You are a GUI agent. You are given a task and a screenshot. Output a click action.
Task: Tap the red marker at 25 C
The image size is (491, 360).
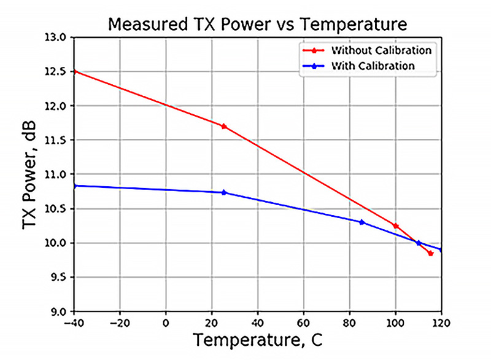223,126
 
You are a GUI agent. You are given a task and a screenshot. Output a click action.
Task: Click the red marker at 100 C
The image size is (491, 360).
396,226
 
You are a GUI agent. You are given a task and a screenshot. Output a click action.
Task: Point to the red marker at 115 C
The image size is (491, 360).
430,253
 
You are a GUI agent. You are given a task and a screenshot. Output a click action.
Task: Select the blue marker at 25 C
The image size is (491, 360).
223,192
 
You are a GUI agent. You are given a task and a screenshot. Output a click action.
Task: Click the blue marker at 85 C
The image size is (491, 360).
361,222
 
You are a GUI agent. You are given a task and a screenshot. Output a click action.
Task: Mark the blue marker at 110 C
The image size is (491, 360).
419,243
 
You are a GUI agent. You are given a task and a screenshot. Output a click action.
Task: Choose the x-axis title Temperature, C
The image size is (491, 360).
257,340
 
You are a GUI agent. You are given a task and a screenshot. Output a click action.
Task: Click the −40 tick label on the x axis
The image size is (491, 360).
74,322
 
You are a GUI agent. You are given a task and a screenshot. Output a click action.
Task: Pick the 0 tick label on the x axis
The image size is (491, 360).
166,322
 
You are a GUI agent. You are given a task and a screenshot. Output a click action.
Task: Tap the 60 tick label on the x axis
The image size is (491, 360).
304,322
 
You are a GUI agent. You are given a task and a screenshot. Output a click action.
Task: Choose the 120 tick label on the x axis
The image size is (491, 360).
441,322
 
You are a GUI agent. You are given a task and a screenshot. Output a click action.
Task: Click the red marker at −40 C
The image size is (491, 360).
75,71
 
